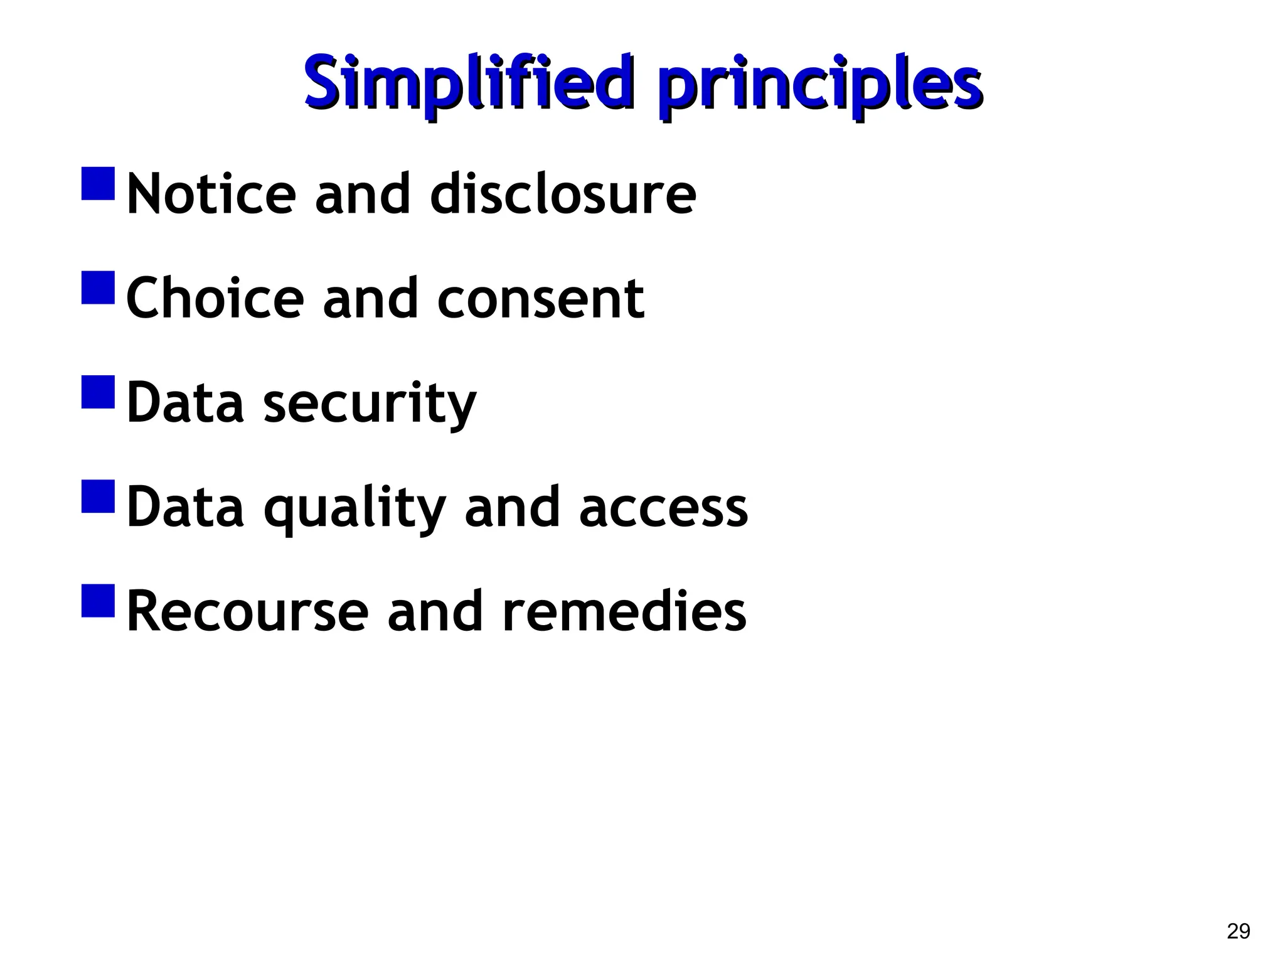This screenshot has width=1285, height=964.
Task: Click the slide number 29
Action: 1238,931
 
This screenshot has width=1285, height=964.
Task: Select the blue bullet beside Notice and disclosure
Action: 98,183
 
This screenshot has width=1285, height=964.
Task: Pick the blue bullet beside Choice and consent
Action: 98,287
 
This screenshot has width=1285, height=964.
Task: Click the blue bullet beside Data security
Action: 98,392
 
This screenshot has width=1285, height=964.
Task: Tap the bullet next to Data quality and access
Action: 98,496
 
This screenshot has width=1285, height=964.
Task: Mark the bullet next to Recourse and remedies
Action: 98,601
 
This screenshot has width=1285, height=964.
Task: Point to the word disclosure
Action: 563,194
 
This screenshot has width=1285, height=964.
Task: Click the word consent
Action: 540,299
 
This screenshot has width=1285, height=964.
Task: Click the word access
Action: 663,508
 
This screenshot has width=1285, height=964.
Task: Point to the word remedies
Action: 624,612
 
